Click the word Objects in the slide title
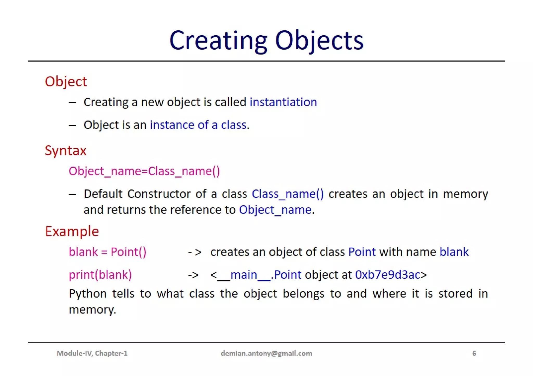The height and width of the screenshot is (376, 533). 319,41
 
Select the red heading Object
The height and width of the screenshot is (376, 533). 66,82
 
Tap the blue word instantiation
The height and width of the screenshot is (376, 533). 283,102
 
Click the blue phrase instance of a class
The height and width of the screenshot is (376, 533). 198,125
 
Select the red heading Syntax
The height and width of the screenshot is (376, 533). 66,151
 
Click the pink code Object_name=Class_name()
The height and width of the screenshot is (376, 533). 144,171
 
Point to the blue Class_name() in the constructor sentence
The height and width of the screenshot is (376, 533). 288,194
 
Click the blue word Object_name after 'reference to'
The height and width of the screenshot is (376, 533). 275,210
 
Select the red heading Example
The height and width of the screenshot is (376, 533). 72,232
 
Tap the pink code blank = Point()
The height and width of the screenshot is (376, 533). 107,252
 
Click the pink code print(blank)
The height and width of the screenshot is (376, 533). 100,275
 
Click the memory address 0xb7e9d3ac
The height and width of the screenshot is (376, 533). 388,275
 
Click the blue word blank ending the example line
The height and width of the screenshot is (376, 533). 454,252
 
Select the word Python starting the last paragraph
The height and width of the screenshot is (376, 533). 87,294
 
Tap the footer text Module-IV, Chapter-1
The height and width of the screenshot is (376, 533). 92,353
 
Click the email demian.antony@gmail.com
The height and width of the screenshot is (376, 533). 266,353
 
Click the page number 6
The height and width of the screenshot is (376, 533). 474,353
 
